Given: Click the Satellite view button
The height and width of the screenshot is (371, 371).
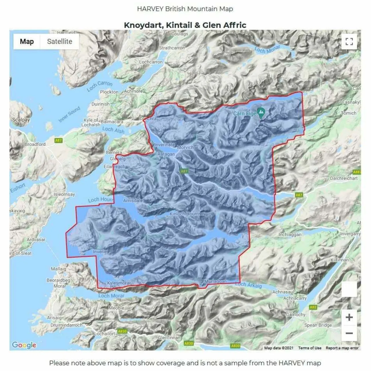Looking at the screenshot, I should [x=59, y=41].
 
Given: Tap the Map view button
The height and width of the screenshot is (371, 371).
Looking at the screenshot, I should [x=27, y=41].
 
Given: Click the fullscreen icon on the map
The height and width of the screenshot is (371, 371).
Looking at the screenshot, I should [x=349, y=41].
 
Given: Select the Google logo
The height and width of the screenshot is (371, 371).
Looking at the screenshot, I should [x=24, y=345].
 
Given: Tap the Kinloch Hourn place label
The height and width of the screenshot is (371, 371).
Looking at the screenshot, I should [x=184, y=214].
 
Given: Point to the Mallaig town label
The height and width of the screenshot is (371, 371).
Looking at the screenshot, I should [x=59, y=269].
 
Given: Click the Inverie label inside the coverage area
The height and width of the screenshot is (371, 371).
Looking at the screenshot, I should [x=100, y=252].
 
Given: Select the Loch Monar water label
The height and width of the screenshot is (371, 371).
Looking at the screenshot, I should [x=267, y=50].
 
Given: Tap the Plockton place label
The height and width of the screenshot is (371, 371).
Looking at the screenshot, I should [x=109, y=92].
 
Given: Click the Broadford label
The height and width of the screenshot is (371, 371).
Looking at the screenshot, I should [x=35, y=144].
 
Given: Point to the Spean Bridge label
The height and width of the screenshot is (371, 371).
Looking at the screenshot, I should [x=318, y=325].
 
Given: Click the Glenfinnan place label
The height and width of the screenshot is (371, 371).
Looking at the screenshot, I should [x=169, y=338].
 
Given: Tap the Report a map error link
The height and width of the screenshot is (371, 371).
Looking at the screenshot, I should [x=342, y=348].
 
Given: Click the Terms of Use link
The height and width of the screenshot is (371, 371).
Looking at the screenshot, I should [x=310, y=348].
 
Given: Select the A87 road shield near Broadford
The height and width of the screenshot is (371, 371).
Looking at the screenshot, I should [x=59, y=141].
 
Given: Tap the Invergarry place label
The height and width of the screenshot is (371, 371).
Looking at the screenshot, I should [x=350, y=234].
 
